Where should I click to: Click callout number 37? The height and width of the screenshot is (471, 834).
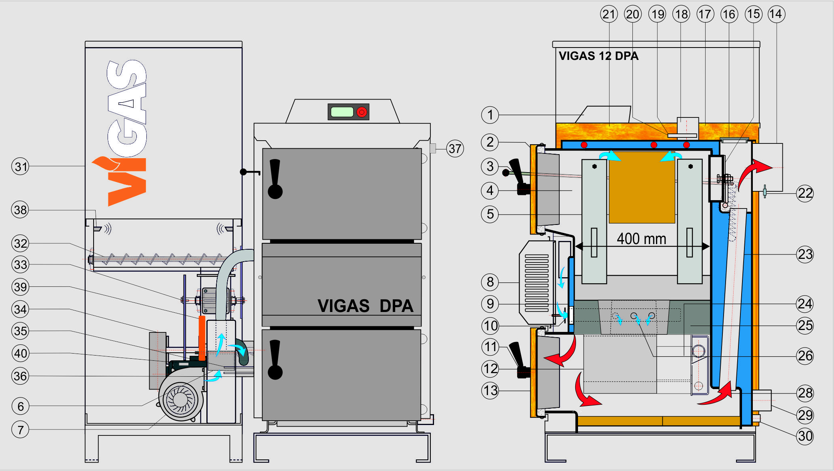pos(455,149)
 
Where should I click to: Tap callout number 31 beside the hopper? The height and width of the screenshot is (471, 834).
pos(20,166)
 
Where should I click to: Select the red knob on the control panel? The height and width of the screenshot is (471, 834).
pos(362,112)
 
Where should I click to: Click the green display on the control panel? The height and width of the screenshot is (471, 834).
pos(342,112)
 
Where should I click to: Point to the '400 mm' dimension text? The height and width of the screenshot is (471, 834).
pos(641,239)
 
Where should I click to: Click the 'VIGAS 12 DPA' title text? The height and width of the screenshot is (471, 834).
pos(598,56)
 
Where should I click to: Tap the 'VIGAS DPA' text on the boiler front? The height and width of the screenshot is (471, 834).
pos(365,306)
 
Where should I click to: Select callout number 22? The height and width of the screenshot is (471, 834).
pos(805,193)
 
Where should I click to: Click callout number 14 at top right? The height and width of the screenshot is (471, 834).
pos(776,14)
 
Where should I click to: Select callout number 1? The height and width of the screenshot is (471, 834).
pos(490,115)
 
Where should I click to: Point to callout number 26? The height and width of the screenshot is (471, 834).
pos(805,356)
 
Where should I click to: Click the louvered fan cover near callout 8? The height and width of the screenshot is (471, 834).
pos(536,283)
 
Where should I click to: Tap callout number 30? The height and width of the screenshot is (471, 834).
pos(805,435)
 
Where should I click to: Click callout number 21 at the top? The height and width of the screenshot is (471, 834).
pos(609,14)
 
